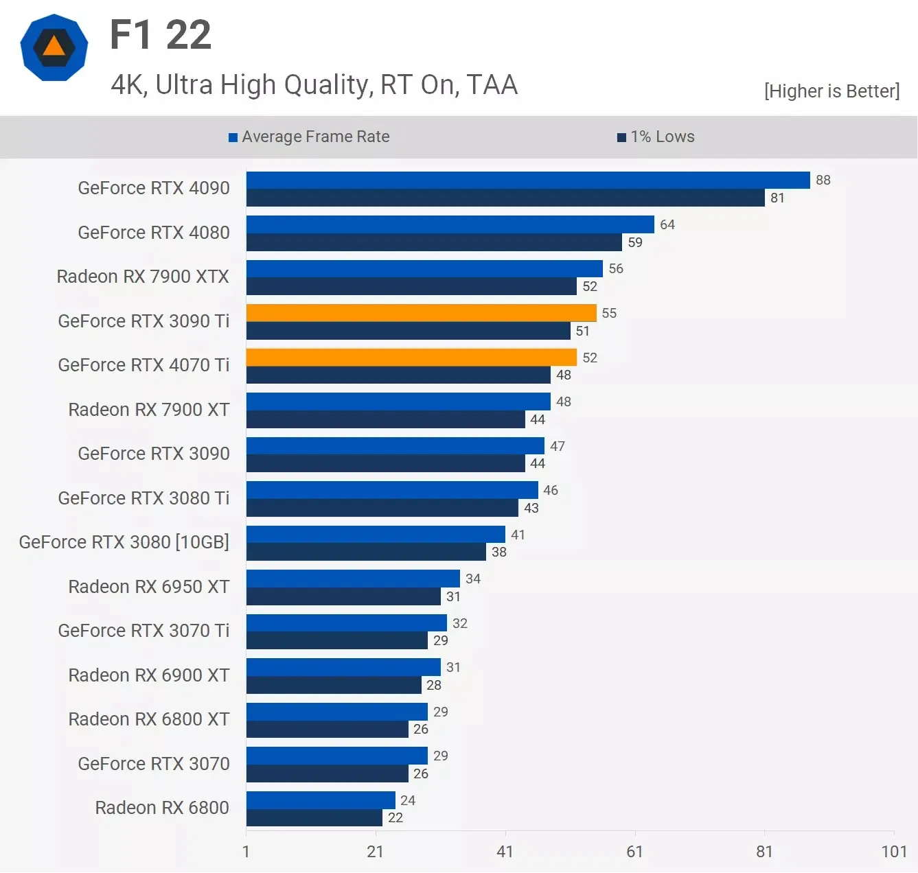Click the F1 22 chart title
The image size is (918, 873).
[161, 35]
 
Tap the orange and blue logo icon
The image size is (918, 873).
[54, 47]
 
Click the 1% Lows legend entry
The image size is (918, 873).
[656, 137]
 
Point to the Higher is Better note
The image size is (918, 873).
[831, 91]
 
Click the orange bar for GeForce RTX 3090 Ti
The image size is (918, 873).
[421, 313]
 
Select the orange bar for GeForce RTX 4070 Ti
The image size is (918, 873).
[411, 358]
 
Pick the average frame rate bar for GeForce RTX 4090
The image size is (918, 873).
[528, 180]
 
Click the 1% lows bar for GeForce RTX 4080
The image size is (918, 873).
[434, 242]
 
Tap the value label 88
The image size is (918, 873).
[823, 180]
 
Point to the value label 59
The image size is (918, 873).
[635, 242]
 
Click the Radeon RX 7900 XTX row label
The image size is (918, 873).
[143, 277]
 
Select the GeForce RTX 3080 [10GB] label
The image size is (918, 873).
[124, 542]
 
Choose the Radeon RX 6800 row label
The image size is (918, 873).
[162, 808]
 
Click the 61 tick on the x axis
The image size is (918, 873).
[634, 852]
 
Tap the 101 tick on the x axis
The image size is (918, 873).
[894, 852]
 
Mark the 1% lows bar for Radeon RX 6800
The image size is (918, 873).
[314, 817]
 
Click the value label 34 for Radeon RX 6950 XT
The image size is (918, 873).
[472, 579]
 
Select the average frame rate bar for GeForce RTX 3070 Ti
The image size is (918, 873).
[347, 622]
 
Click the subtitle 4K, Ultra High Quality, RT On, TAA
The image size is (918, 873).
[314, 85]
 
